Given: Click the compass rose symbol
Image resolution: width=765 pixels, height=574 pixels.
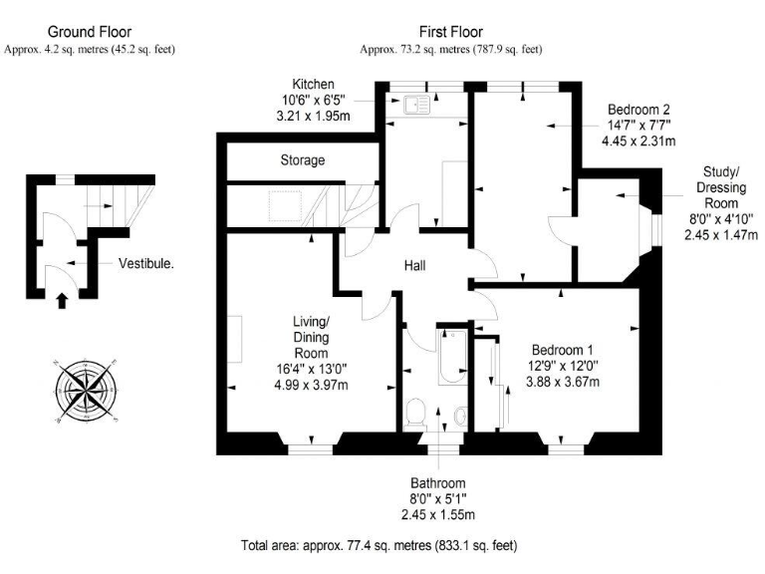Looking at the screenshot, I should pos(88,389).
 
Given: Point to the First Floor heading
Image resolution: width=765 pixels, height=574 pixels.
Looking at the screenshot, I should pos(451,33).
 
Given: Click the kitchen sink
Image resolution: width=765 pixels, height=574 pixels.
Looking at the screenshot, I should pos(415,101).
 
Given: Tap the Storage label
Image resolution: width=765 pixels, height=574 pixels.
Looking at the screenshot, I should pos(303,159).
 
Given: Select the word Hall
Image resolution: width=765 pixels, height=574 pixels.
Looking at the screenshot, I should pos(416,266).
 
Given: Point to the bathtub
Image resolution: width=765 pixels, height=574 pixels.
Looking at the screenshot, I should pos(445,356).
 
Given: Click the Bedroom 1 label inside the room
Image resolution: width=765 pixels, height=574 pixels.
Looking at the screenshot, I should pos(562,350).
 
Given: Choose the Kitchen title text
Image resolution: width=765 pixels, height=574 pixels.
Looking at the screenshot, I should pos(313,84).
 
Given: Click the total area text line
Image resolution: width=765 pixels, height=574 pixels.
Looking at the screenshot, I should pos(379,546).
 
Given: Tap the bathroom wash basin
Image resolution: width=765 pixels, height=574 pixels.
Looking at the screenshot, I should pos(459,416).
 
